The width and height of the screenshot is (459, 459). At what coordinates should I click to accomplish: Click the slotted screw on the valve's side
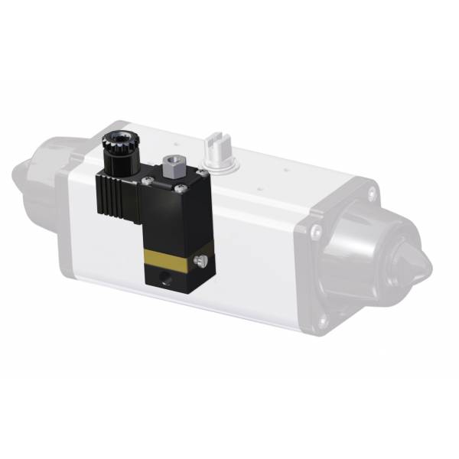[x=201, y=262]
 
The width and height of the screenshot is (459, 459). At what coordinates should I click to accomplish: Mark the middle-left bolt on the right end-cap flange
[x=315, y=230]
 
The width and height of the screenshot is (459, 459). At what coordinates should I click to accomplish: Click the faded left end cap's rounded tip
[x=24, y=177]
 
